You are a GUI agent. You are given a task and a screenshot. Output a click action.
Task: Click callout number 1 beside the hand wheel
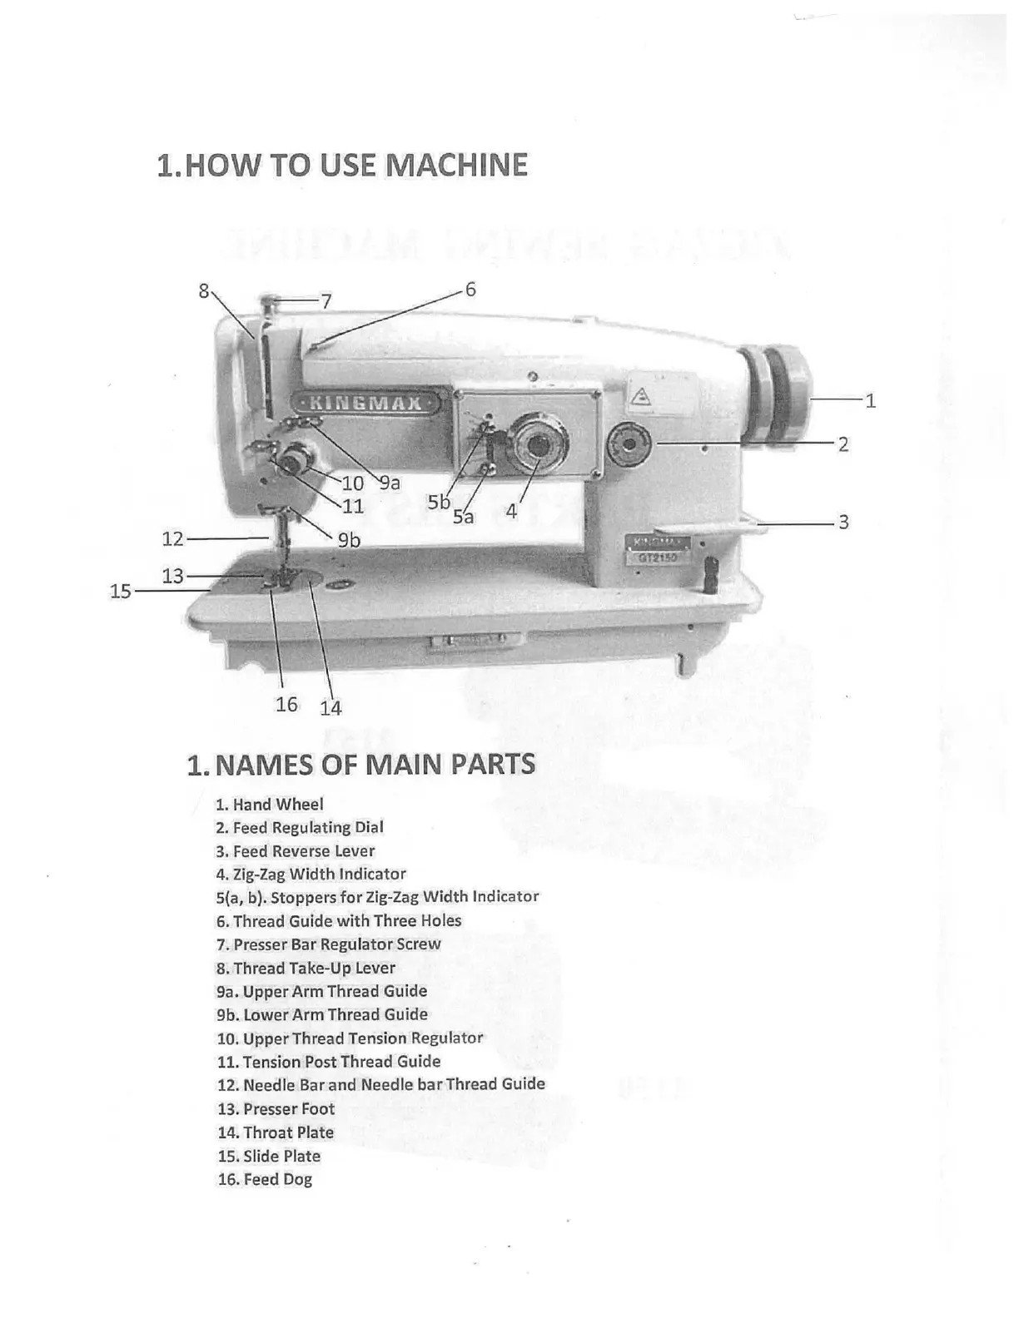tap(870, 401)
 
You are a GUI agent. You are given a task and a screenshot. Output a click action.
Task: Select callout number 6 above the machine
tap(470, 290)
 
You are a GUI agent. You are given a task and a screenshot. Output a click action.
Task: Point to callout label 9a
tap(390, 483)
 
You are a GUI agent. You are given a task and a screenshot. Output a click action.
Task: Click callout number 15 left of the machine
tap(121, 592)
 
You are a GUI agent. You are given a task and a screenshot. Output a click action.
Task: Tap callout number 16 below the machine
tap(286, 705)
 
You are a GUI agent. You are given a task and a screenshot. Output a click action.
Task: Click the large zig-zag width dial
tap(538, 448)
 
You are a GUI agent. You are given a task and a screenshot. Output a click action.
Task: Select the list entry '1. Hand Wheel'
tap(269, 805)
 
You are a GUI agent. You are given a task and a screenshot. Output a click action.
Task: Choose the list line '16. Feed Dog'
tap(265, 1180)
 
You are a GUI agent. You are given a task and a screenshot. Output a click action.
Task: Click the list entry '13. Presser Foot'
tap(276, 1109)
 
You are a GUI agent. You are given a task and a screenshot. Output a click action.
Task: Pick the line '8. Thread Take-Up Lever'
tap(306, 969)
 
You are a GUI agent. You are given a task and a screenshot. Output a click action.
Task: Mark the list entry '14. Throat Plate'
tap(276, 1132)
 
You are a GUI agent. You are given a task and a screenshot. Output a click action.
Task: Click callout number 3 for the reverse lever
tap(843, 523)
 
